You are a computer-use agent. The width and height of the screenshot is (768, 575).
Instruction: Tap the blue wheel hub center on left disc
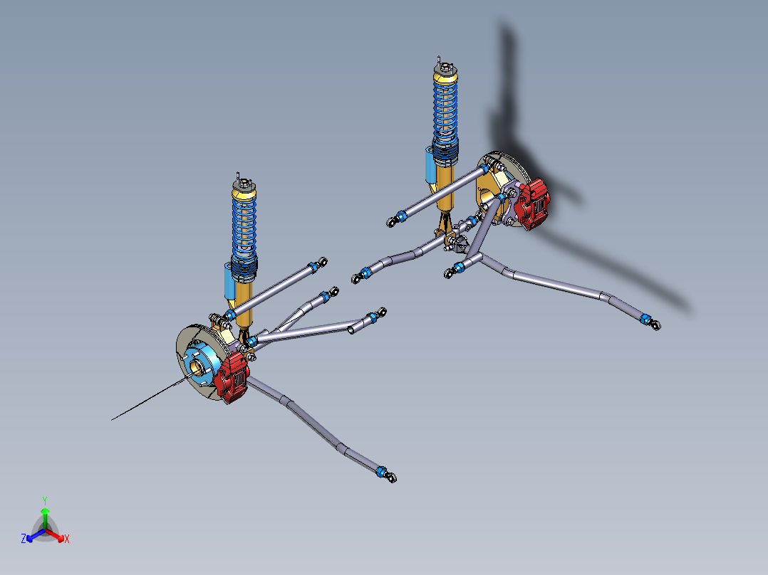(x=197, y=364)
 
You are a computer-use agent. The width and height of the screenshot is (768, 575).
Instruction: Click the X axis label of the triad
(x=67, y=539)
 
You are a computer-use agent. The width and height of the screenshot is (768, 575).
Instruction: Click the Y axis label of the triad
(x=45, y=500)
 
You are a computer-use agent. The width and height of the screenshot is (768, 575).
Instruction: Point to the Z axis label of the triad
(x=24, y=539)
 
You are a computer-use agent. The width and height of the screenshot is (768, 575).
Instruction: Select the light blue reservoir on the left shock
(x=229, y=281)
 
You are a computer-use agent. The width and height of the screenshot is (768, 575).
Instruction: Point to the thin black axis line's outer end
(x=113, y=420)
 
